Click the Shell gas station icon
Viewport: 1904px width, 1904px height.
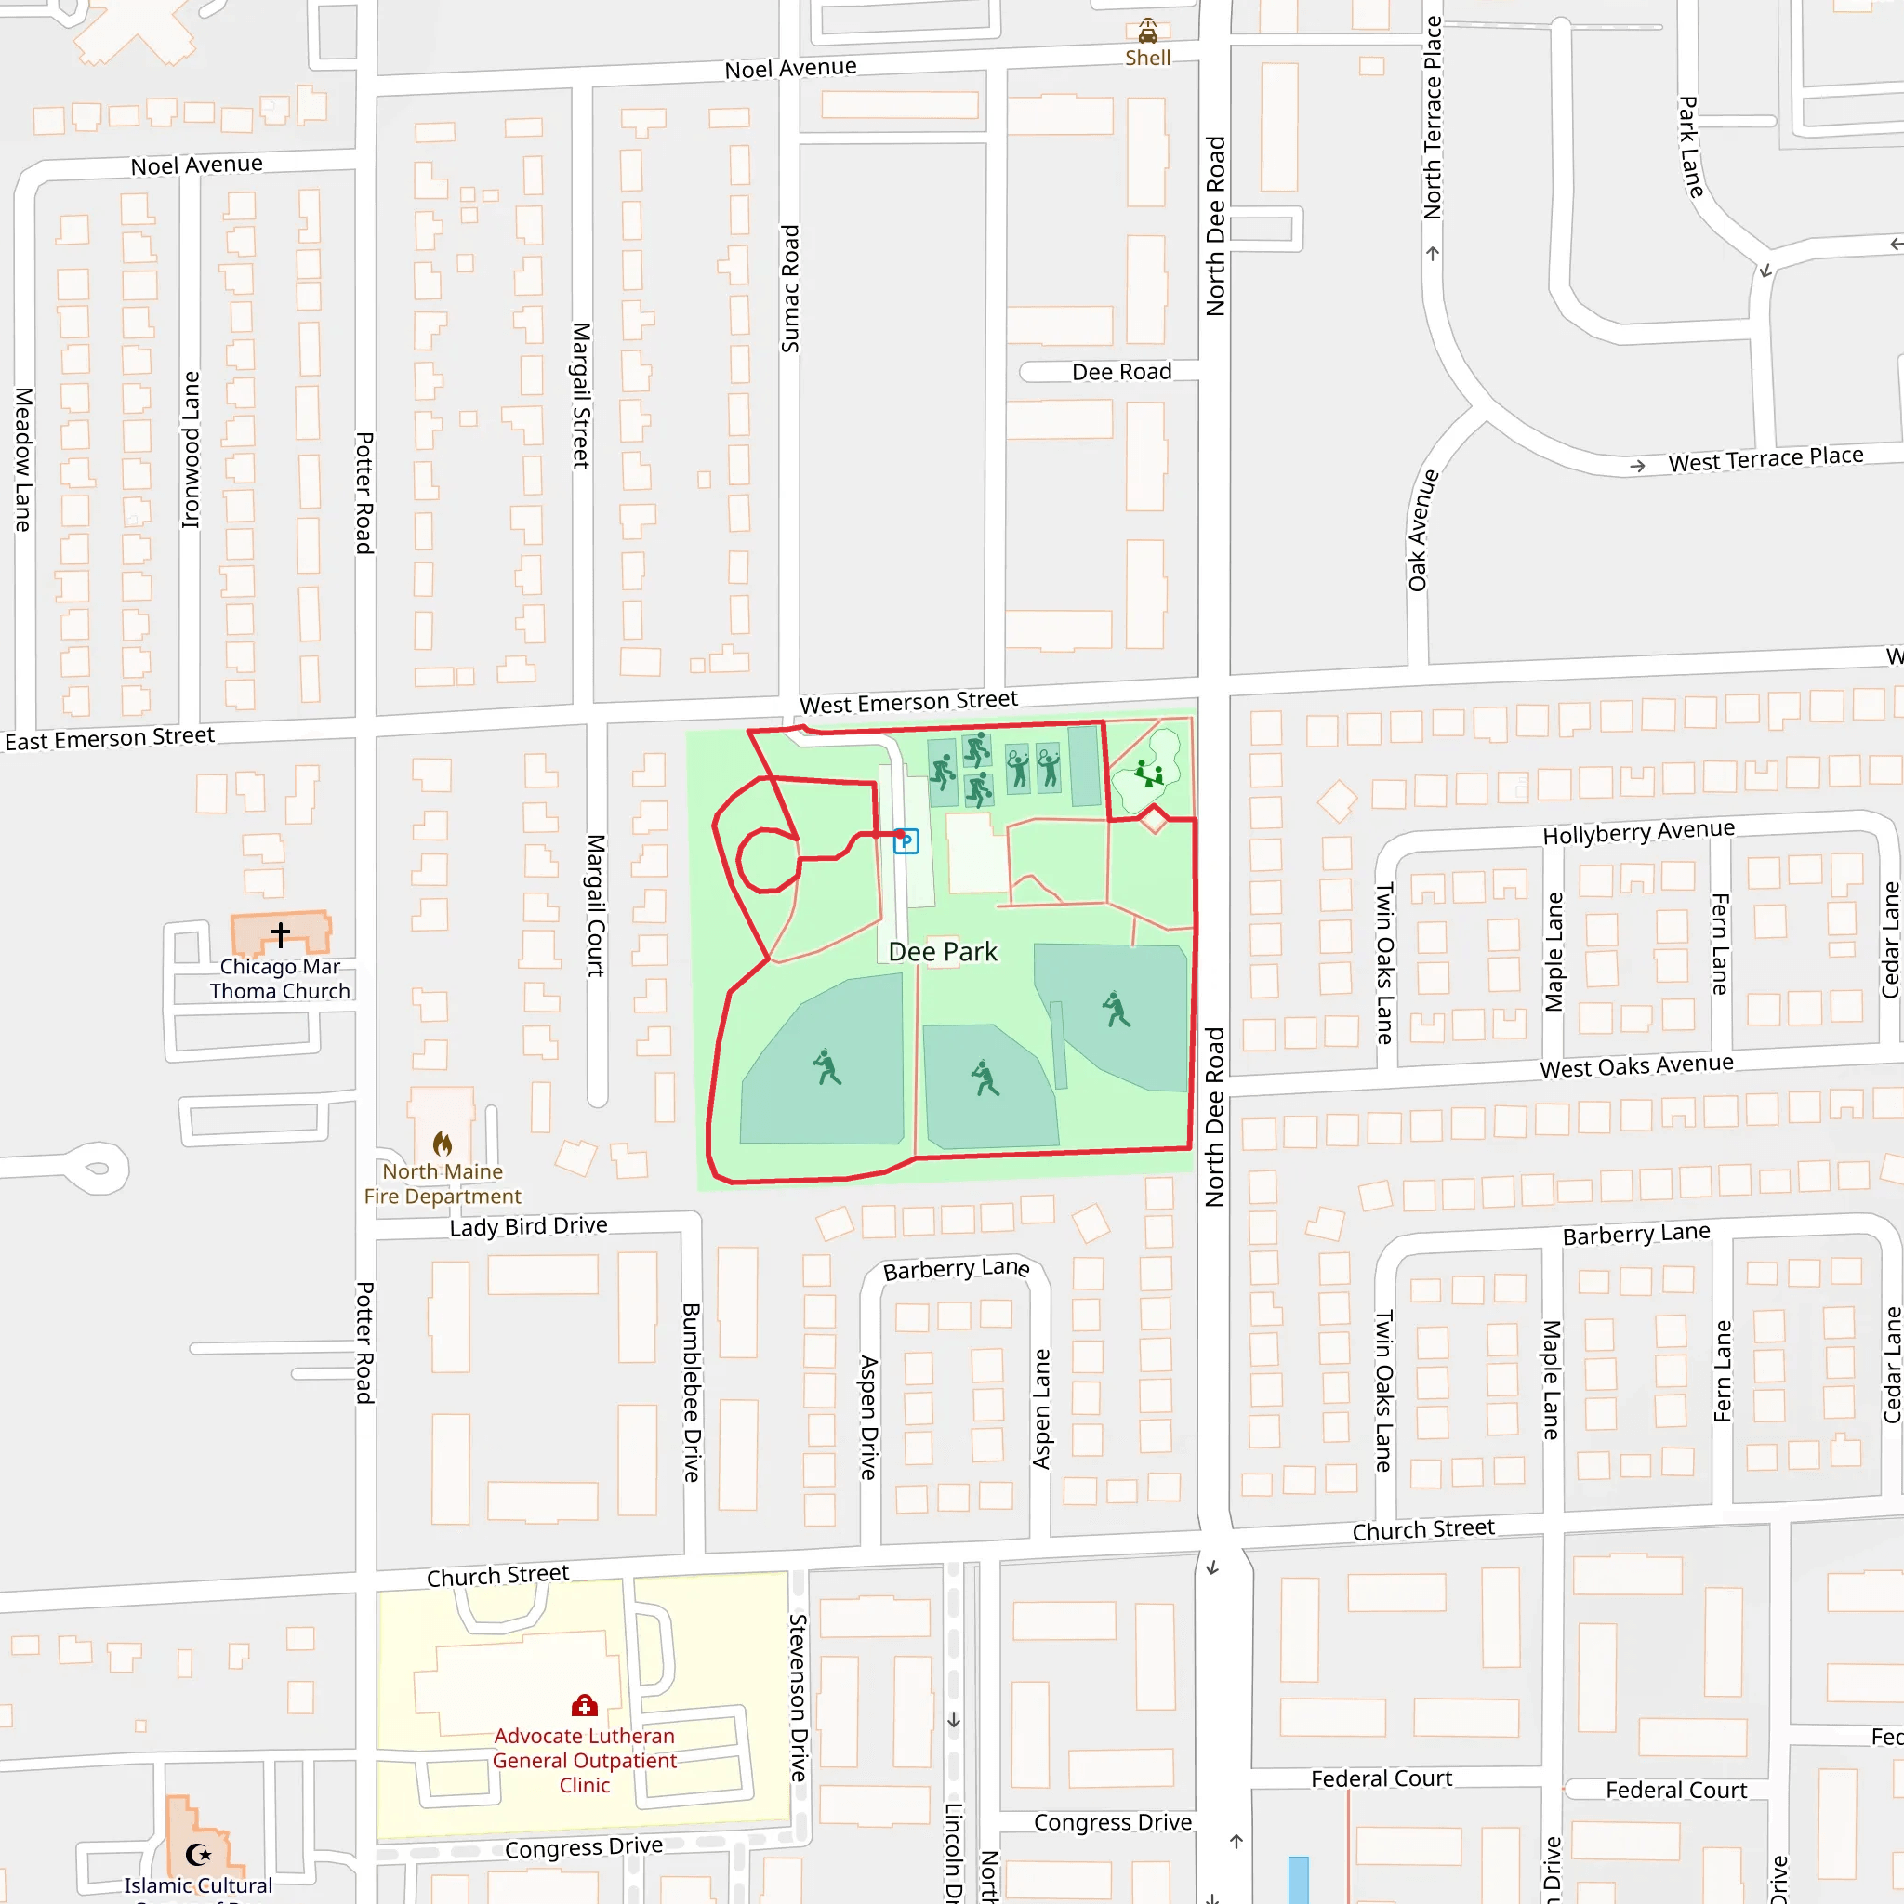tap(1148, 31)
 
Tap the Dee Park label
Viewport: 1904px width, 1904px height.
tap(942, 952)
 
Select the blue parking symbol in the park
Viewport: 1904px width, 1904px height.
tap(906, 840)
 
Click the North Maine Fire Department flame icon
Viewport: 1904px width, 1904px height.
tap(443, 1144)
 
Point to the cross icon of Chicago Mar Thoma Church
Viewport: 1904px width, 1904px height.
tap(281, 933)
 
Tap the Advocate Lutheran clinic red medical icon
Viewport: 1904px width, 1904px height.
tap(585, 1706)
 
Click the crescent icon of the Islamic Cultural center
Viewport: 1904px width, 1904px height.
tap(198, 1855)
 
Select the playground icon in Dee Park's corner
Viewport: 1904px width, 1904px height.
tap(1148, 773)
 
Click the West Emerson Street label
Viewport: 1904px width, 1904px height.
tap(907, 703)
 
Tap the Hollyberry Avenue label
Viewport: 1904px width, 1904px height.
tap(1638, 832)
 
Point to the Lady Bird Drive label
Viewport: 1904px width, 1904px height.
tap(528, 1226)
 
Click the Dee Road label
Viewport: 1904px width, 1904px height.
tap(1121, 372)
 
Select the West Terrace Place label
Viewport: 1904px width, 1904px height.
tap(1765, 459)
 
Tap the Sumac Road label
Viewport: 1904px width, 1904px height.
tap(790, 289)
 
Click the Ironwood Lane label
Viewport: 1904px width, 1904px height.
tap(192, 449)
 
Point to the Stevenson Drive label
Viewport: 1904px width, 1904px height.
tap(799, 1697)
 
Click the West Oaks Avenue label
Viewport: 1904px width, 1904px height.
tap(1636, 1066)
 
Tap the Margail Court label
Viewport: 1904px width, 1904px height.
tap(595, 906)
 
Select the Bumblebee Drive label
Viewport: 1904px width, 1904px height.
tap(691, 1392)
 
